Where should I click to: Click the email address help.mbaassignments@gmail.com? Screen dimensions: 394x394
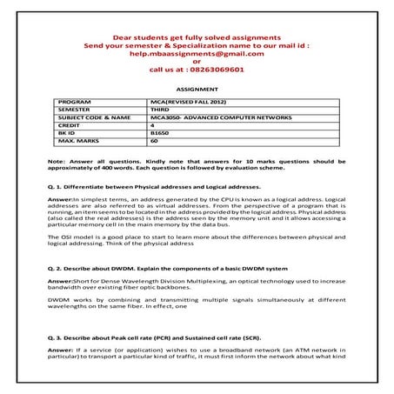pos(196,54)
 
